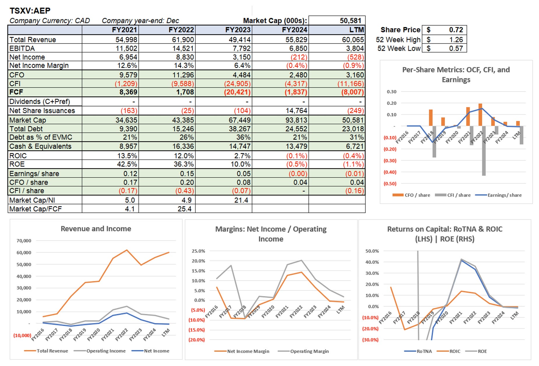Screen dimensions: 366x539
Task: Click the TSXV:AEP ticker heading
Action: pos(30,11)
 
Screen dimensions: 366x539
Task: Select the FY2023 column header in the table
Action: pos(238,30)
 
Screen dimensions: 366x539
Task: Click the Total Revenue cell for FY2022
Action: pos(183,40)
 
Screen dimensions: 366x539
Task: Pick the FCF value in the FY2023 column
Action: pos(237,92)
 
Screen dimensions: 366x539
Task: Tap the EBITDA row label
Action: pos(22,48)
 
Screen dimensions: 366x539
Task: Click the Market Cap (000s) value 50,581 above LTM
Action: pos(350,21)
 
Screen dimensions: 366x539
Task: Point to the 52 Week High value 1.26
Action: pos(456,40)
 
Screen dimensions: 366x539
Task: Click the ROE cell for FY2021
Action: pos(127,164)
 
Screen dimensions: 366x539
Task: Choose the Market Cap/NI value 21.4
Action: pos(241,200)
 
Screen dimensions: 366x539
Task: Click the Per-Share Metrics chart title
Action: pos(456,75)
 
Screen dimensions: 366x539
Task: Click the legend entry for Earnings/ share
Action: pos(504,195)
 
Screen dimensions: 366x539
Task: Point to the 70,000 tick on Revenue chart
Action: pos(24,241)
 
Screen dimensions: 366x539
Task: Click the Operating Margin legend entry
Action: pos(309,351)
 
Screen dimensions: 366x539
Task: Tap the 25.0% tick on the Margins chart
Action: pos(198,251)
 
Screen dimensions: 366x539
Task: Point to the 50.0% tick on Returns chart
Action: pos(372,251)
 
